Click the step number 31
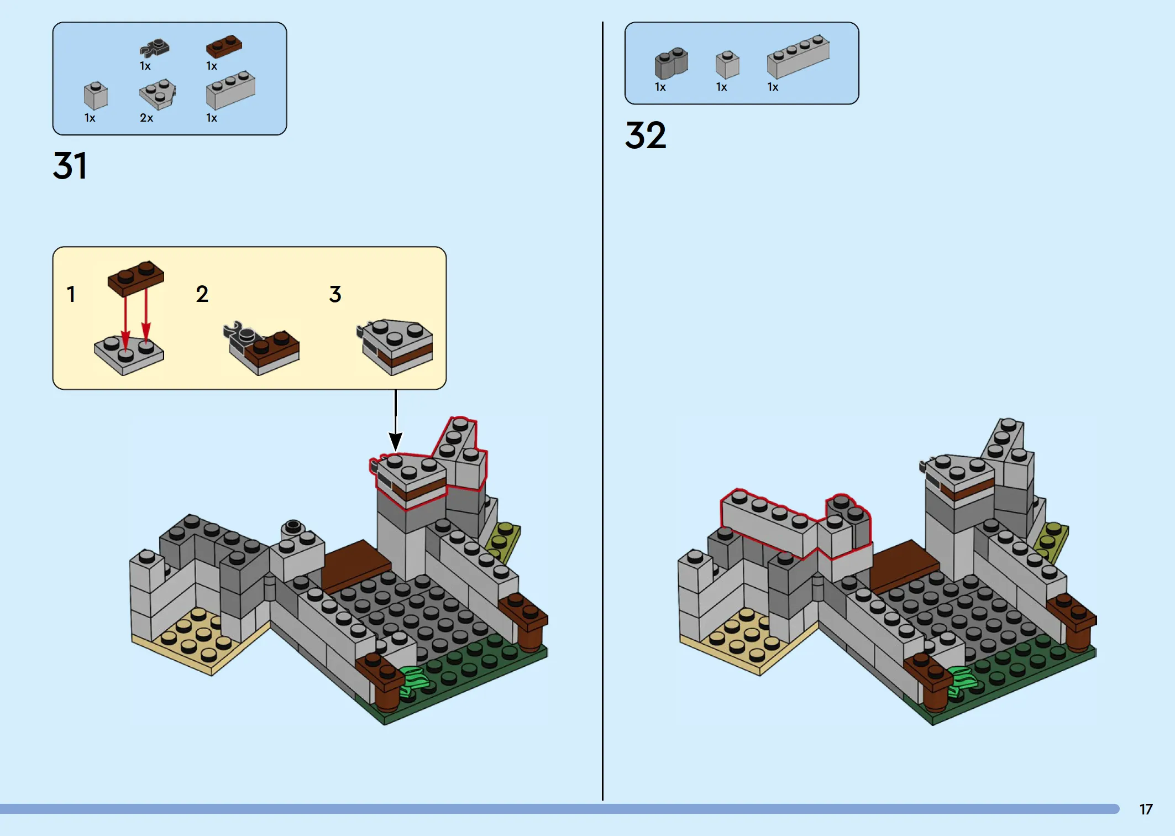70,166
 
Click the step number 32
646,135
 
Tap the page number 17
1146,809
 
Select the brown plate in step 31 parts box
224,46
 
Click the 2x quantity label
146,118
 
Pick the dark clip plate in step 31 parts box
154,49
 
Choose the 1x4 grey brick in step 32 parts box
798,56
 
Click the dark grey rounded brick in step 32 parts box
671,63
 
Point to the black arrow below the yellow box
396,420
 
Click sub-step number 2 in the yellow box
202,294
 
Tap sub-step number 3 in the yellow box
335,294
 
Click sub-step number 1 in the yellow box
71,294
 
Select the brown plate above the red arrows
136,278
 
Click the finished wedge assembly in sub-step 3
395,347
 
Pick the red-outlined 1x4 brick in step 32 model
768,522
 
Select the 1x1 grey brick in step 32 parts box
727,65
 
